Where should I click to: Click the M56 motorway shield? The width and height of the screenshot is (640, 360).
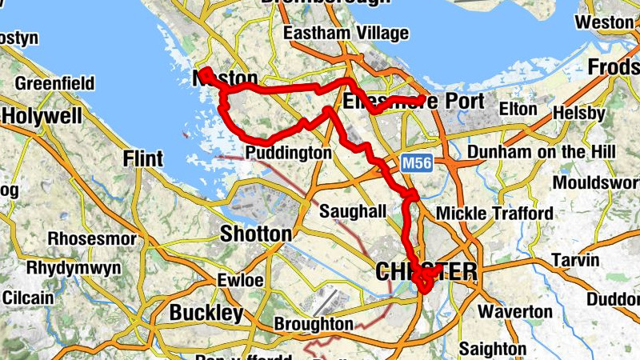click(414, 163)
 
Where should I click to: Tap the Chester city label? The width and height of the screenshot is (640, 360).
click(426, 273)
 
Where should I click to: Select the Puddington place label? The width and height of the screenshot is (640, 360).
click(288, 153)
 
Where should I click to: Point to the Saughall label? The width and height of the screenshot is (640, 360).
click(353, 212)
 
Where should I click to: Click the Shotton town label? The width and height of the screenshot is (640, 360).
click(256, 234)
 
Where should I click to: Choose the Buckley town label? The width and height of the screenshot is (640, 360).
click(206, 312)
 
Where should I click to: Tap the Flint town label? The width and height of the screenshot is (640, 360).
click(143, 158)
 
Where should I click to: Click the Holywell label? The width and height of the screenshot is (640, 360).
click(42, 117)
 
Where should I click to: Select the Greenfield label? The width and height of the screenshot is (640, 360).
click(54, 83)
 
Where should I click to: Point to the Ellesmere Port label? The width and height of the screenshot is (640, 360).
click(413, 102)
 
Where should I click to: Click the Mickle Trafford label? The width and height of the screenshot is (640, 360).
click(494, 214)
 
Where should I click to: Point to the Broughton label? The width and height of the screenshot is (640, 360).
click(313, 324)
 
